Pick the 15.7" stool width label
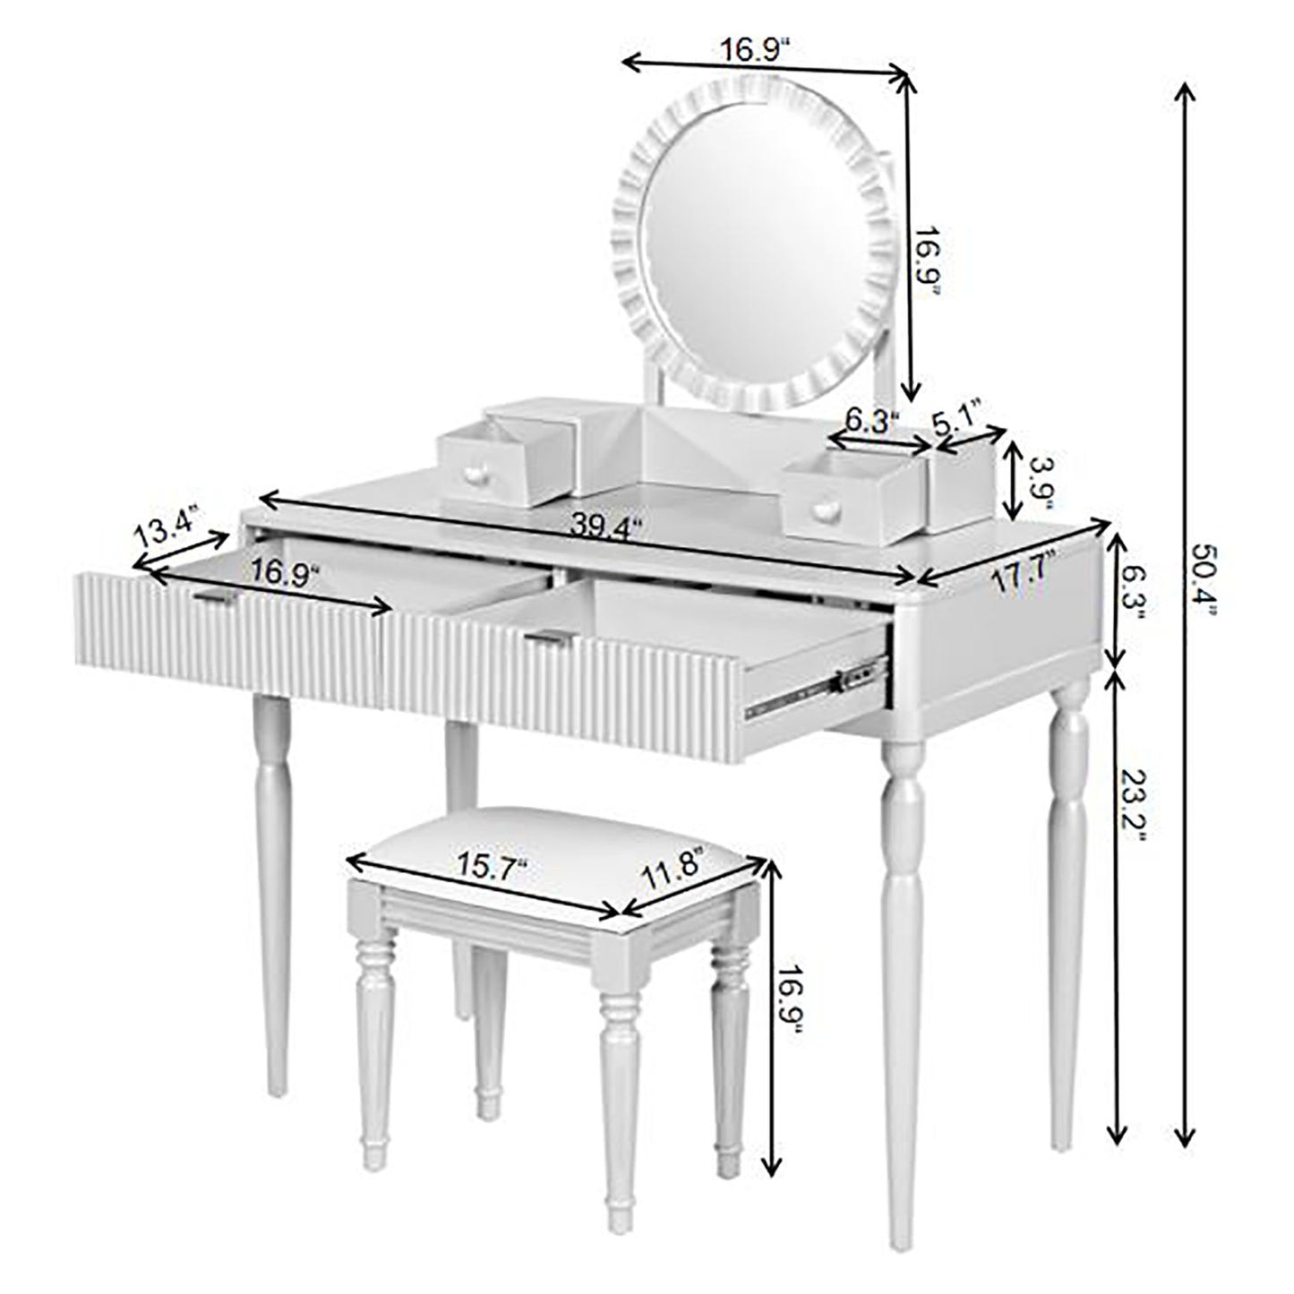(492, 870)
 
